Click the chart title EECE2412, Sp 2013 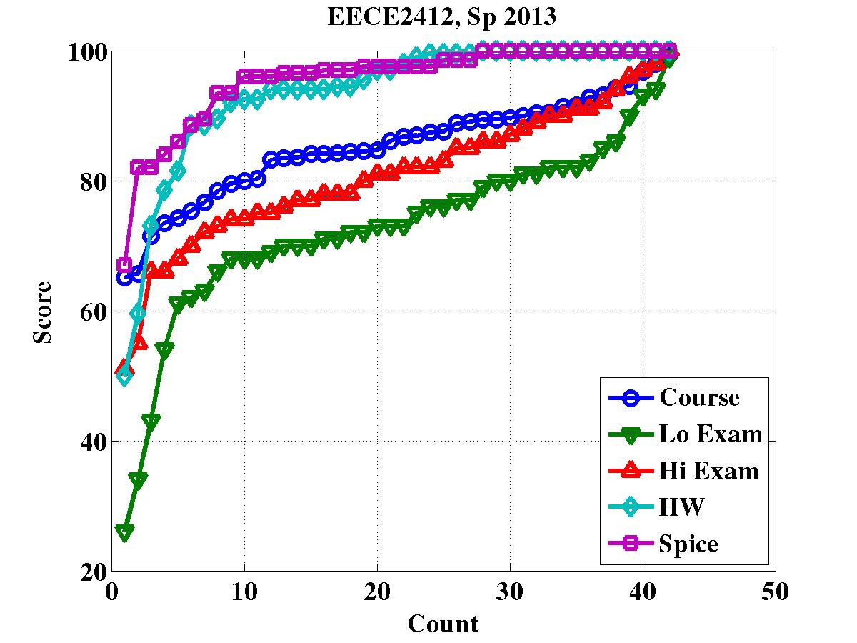coord(441,17)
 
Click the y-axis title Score coord(44,311)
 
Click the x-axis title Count coord(443,624)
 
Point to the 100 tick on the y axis coord(87,52)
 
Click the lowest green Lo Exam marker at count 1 coord(125,532)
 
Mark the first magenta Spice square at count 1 coord(124,266)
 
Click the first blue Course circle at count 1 coord(125,278)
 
